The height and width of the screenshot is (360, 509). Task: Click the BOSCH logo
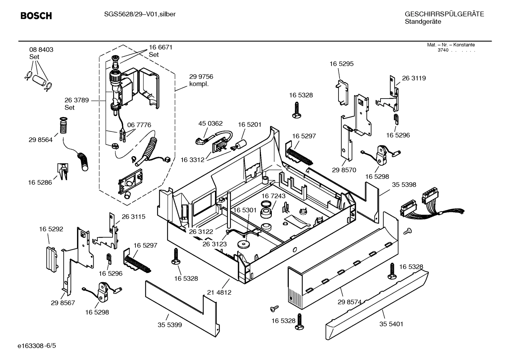pos(36,16)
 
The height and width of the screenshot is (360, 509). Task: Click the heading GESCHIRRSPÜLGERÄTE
pos(444,14)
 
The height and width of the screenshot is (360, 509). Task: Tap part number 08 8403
pos(41,50)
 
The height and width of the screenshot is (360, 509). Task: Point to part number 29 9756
pos(201,77)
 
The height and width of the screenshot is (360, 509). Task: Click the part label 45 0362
pos(210,123)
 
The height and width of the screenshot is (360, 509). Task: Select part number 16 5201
pos(250,124)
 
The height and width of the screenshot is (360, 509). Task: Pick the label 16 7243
pos(274,196)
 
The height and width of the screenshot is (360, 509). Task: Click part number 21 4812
pos(219,293)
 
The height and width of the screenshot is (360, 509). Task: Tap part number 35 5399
pos(170,325)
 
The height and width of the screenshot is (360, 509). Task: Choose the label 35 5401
pos(391,324)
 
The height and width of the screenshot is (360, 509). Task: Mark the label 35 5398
pos(404,185)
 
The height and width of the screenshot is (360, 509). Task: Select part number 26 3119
pos(414,78)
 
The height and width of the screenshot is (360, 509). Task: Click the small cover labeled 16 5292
pos(51,258)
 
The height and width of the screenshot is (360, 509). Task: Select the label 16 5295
pos(341,64)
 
